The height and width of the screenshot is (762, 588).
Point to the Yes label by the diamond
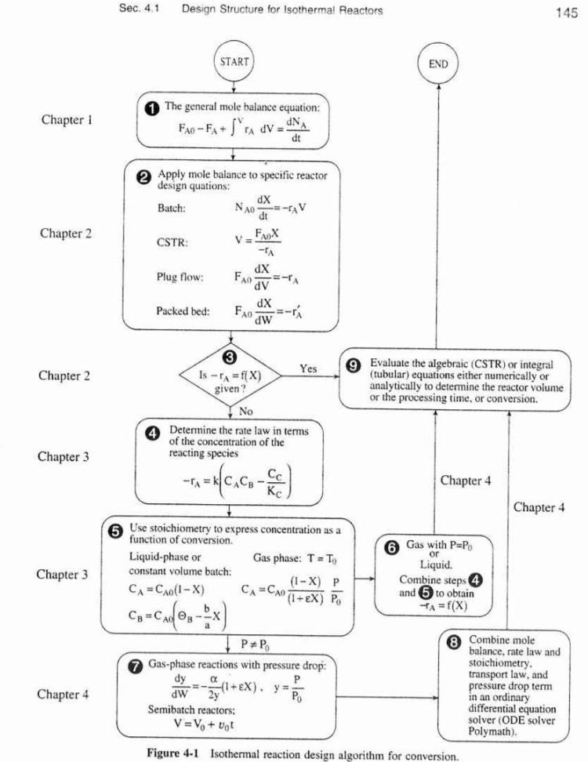point(309,367)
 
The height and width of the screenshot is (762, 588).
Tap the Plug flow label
point(180,278)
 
